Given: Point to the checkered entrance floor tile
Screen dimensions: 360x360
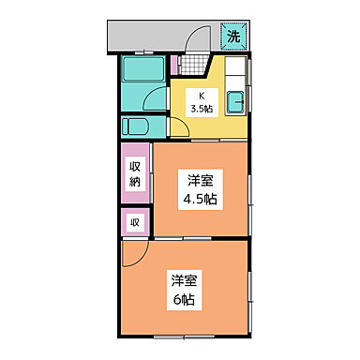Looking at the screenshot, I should [x=193, y=67].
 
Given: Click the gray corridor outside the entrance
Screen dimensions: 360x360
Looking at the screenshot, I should [x=150, y=37].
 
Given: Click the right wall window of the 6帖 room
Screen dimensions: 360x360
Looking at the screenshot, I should [x=252, y=291].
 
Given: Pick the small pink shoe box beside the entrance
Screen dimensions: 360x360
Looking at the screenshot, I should [x=175, y=66].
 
